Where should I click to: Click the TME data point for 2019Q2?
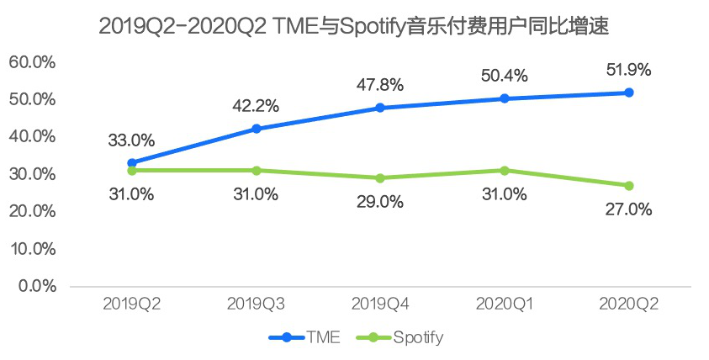tap(131, 162)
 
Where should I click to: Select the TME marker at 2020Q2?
tap(629, 93)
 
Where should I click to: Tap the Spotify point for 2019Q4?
tap(380, 178)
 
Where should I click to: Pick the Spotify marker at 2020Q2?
tap(629, 186)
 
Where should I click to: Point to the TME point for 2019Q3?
tap(256, 129)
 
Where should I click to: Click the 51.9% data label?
tap(628, 70)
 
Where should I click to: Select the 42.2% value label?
tap(256, 106)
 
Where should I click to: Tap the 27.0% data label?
tap(628, 209)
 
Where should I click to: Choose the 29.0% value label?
tap(380, 202)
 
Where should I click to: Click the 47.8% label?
tap(380, 85)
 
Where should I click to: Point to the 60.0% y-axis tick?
tap(32, 62)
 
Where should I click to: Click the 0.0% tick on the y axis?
tap(36, 286)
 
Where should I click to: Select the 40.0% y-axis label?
tap(32, 136)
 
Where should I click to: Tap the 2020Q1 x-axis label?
tap(505, 304)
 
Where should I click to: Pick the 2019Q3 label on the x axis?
tap(256, 304)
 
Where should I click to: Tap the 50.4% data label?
tap(505, 76)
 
